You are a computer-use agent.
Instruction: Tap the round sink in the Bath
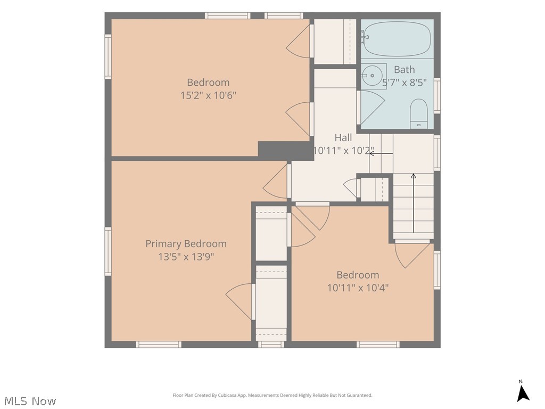tap(372, 76)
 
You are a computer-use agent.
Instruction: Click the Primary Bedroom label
tap(186, 244)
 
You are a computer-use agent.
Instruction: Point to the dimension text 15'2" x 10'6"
tap(208, 95)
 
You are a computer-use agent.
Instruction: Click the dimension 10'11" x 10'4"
tap(358, 288)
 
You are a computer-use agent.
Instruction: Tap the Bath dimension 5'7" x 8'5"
tap(404, 83)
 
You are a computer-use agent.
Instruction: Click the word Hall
tap(343, 138)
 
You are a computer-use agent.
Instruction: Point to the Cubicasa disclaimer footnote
tap(272, 395)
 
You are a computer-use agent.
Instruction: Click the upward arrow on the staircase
tap(413, 203)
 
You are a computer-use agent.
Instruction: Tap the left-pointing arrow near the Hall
tap(381, 153)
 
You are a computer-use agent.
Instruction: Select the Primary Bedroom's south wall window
tap(159, 345)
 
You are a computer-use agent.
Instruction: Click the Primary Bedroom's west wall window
tap(108, 251)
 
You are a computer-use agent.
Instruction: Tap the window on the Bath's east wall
tap(437, 95)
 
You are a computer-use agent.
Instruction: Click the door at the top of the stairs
tap(412, 253)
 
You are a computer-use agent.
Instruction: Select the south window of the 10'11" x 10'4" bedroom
tap(378, 345)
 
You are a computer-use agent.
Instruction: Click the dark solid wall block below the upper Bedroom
tap(286, 151)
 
